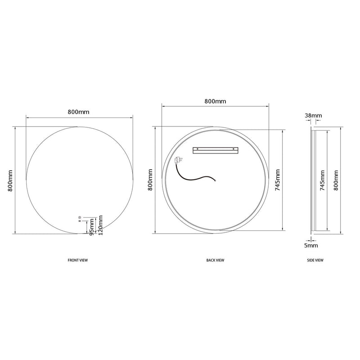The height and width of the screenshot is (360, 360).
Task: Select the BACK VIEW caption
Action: coord(215,260)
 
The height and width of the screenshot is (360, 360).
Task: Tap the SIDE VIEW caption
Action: coord(315,260)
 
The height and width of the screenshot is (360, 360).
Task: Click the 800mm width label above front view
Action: coord(79,112)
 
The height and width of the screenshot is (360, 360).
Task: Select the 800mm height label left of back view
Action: coord(150,180)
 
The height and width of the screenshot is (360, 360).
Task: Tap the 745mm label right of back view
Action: coord(277,180)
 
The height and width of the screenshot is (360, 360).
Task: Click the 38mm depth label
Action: coord(313,116)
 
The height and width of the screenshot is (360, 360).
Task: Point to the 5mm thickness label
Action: coord(311,246)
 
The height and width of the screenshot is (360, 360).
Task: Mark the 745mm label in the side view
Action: coord(322,180)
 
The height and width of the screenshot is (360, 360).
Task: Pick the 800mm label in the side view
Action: coord(335,180)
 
